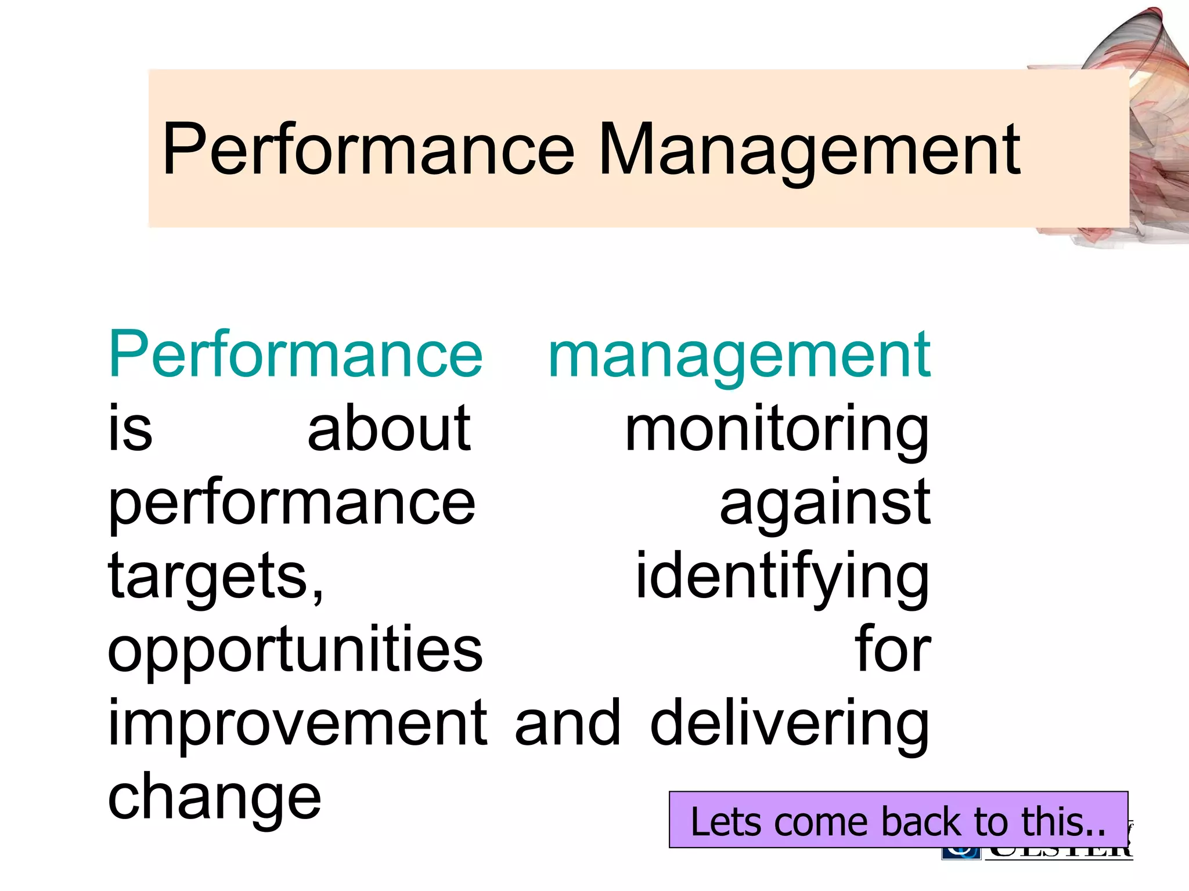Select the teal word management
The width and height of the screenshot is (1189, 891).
pyautogui.click(x=739, y=356)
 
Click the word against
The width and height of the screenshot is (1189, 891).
pyautogui.click(x=825, y=502)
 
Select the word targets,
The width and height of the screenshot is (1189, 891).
pyautogui.click(x=216, y=577)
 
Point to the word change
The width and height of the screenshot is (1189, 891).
pyautogui.click(x=214, y=797)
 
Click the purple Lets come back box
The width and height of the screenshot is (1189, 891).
pyautogui.click(x=898, y=820)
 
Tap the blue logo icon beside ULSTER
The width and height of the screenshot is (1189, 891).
pyautogui.click(x=961, y=853)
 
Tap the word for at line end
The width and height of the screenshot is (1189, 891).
pyautogui.click(x=892, y=650)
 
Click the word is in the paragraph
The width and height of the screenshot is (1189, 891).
pyautogui.click(x=131, y=429)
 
